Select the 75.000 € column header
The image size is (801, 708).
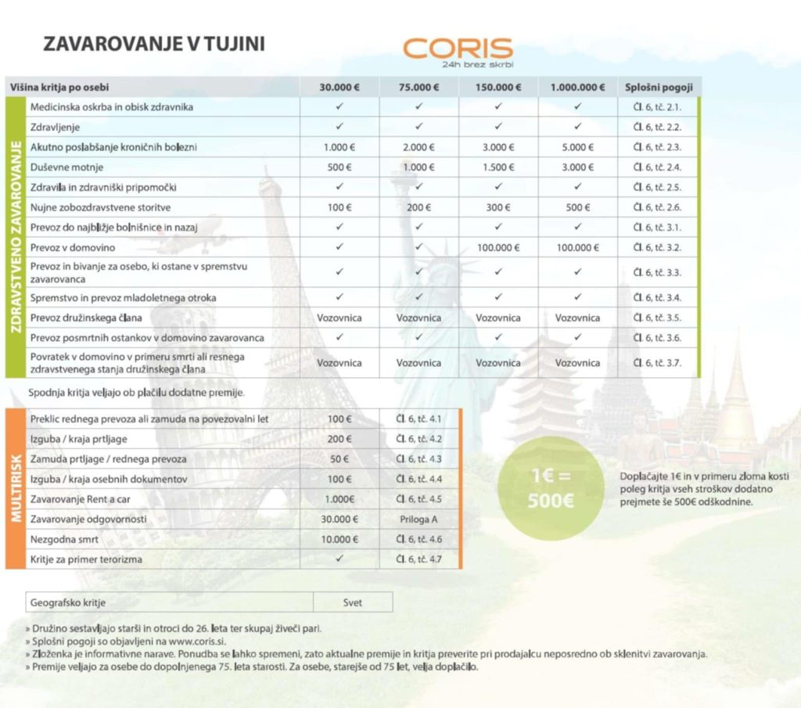(418, 87)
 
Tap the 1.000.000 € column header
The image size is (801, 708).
(577, 87)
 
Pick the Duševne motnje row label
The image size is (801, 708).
(67, 167)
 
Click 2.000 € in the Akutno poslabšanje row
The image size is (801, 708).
(418, 147)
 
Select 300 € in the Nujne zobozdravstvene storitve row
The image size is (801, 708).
(497, 207)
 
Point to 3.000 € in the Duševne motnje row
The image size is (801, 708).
(577, 167)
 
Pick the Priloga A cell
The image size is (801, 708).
(418, 519)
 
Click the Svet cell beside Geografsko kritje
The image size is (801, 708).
(353, 603)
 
